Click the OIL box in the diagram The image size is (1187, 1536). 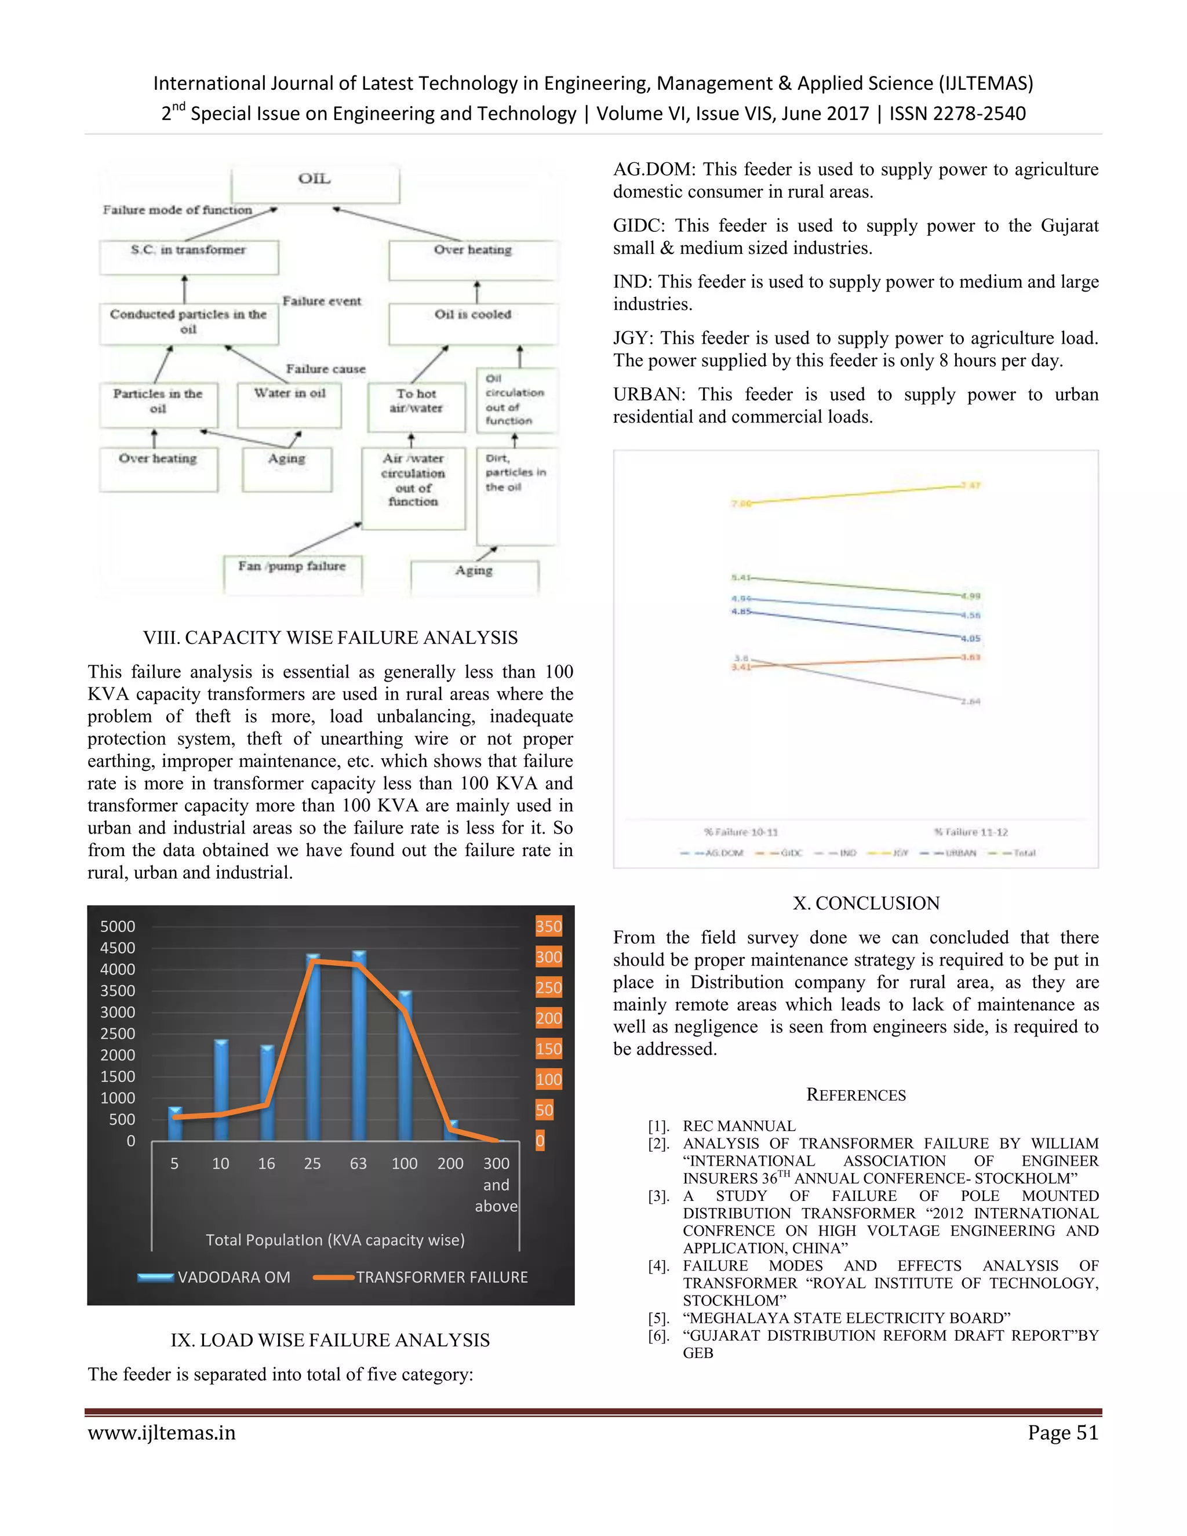(x=315, y=184)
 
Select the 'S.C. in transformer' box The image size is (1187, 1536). (x=188, y=257)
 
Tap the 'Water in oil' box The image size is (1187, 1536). (x=289, y=405)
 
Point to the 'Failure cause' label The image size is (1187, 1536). (x=326, y=369)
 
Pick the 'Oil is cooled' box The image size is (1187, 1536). (x=472, y=323)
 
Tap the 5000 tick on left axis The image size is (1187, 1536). (x=118, y=926)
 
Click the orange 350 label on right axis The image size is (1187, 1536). (x=548, y=926)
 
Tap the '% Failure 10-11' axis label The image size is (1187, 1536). (x=741, y=832)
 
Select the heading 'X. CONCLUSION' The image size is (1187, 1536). (x=866, y=903)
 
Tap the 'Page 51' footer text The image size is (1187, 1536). (x=1062, y=1433)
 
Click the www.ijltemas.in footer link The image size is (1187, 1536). (x=162, y=1433)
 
